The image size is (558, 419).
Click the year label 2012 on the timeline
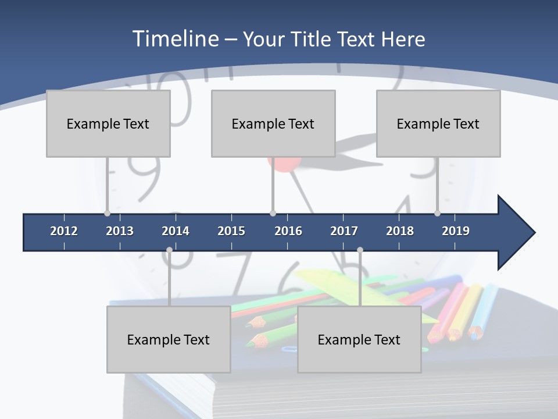point(64,231)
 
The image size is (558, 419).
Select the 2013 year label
point(120,231)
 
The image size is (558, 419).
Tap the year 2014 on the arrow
point(176,231)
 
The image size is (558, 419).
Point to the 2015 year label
point(231,231)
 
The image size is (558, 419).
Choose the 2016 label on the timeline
point(288,231)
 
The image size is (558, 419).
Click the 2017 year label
point(344,231)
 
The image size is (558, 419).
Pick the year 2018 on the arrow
point(400,231)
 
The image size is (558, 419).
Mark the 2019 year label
point(456,231)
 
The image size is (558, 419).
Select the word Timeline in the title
point(175,39)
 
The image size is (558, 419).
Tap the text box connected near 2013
point(108,123)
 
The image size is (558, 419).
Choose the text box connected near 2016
point(273,123)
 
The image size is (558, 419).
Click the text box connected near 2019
point(438,123)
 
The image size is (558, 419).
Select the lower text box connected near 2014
point(169,339)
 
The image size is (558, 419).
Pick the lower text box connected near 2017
point(359,339)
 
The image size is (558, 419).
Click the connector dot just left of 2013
point(107,213)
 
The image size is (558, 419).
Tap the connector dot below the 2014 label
point(169,250)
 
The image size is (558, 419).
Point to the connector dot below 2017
point(360,250)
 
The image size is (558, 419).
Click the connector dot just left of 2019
point(437,213)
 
